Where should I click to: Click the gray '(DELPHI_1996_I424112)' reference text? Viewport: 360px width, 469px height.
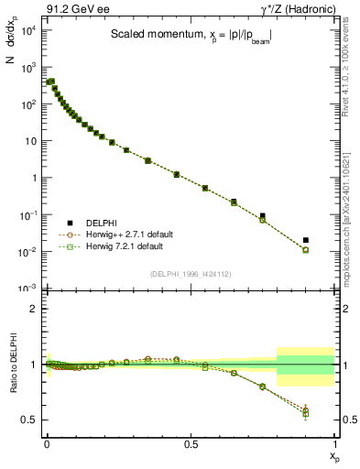pyautogui.click(x=190, y=273)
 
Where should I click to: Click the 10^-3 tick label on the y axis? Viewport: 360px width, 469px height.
pyautogui.click(x=27, y=289)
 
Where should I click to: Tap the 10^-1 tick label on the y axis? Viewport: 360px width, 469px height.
pyautogui.click(x=27, y=215)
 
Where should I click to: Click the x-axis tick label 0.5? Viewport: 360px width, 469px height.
pyautogui.click(x=191, y=444)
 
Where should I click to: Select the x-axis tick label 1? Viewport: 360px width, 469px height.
pyautogui.click(x=334, y=444)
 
